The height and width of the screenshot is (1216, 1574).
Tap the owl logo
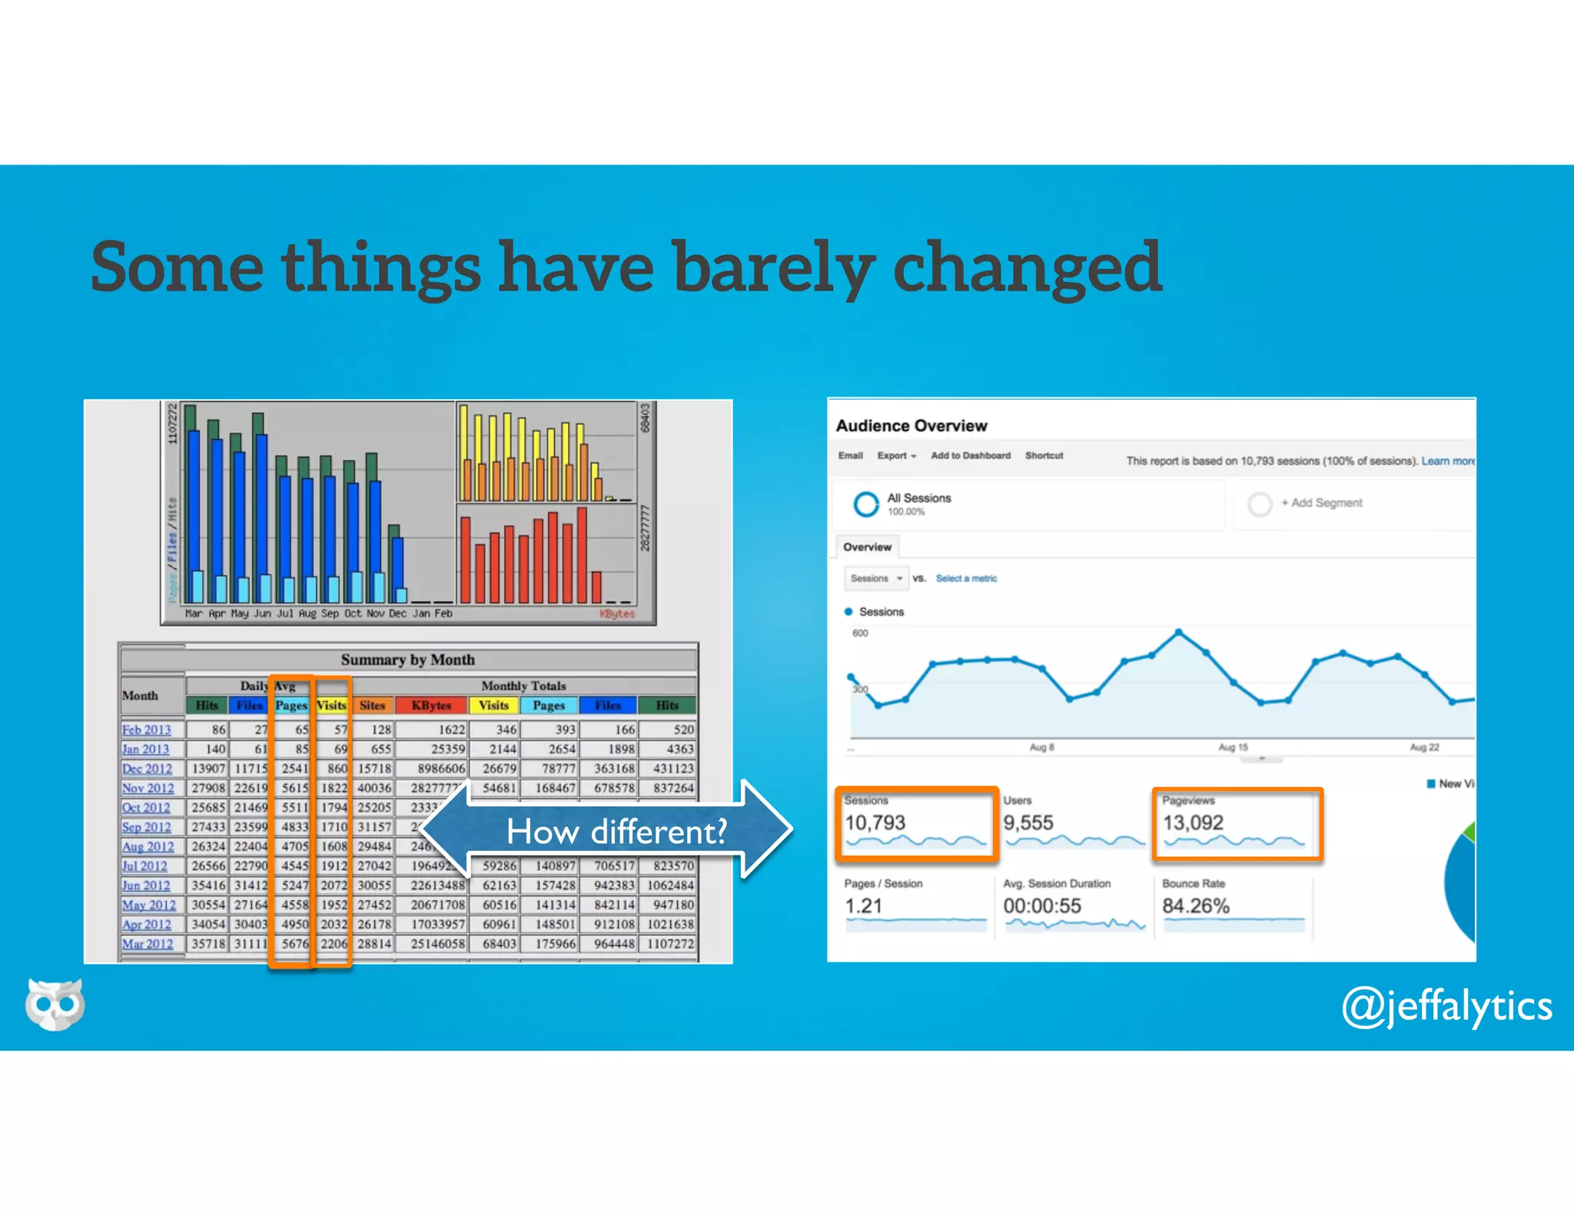(x=55, y=1004)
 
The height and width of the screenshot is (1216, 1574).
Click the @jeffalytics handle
(x=1446, y=1006)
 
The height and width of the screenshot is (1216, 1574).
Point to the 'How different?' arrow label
(x=616, y=832)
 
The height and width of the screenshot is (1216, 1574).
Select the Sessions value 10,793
(x=875, y=822)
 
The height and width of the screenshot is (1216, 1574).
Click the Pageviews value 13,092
(x=1193, y=822)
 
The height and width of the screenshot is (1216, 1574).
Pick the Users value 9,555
(x=1028, y=822)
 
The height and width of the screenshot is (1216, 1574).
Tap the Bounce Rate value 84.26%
(x=1196, y=905)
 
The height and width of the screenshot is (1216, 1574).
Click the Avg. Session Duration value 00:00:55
(x=1042, y=905)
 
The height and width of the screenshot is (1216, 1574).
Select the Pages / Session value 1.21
(x=863, y=905)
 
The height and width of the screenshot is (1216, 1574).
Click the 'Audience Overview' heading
(x=912, y=425)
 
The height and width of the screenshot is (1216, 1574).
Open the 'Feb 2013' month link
(x=146, y=729)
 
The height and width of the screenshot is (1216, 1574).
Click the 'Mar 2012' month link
(x=148, y=944)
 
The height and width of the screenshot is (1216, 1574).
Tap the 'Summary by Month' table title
(x=407, y=659)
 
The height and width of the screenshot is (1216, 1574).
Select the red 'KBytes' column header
(x=431, y=705)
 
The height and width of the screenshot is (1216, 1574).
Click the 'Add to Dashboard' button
(x=971, y=455)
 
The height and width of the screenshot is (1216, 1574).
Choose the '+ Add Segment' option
(x=1321, y=503)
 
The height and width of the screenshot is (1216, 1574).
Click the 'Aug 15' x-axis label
(x=1233, y=747)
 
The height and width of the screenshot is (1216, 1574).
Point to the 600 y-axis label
(x=860, y=633)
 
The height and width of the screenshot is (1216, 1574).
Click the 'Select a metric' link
(x=966, y=578)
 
